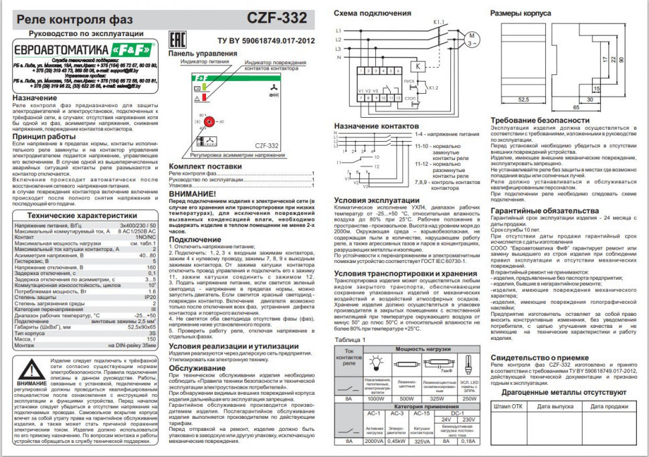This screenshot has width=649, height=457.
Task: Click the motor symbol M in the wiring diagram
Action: tap(469, 37)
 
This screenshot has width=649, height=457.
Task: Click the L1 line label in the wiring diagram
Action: tap(338, 30)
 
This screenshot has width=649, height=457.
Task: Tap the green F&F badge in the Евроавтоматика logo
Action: tap(124, 49)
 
